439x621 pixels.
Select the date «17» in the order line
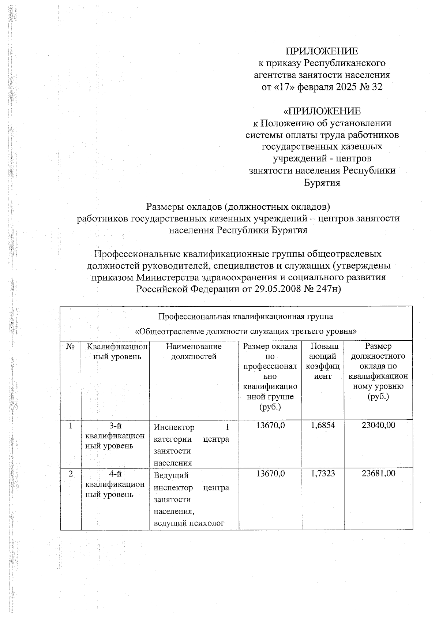point(285,87)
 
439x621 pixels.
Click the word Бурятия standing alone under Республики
point(322,183)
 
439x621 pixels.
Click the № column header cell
point(71,346)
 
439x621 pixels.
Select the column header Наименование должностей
point(194,351)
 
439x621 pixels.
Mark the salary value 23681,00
point(378,473)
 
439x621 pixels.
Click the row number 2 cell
point(71,473)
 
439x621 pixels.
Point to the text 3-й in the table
point(115,426)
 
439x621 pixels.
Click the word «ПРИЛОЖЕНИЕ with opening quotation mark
point(322,111)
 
